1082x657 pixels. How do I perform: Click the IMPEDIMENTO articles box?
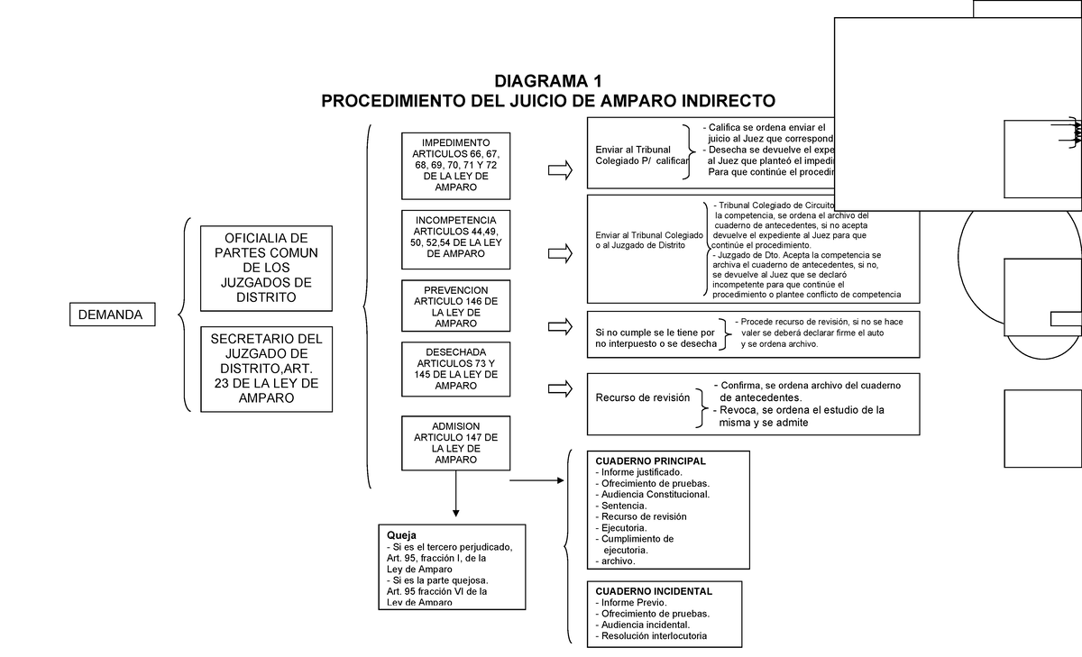[x=455, y=166]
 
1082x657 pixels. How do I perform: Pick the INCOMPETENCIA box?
[x=455, y=239]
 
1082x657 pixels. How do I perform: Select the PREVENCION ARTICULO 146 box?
[x=455, y=306]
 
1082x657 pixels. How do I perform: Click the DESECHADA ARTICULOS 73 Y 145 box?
[x=455, y=369]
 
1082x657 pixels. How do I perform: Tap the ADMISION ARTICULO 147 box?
[x=455, y=443]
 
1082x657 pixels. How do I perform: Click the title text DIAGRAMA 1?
[x=547, y=80]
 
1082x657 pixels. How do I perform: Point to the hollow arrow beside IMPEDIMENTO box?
[x=560, y=169]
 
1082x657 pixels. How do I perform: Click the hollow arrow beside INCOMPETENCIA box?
[x=560, y=253]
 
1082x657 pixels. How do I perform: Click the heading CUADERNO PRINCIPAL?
[x=643, y=461]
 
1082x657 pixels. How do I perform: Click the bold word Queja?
[x=400, y=534]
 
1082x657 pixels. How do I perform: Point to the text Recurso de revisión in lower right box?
[x=642, y=397]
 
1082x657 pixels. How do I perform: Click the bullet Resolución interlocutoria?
[x=655, y=636]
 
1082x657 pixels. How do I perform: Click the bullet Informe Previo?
[x=633, y=603]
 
